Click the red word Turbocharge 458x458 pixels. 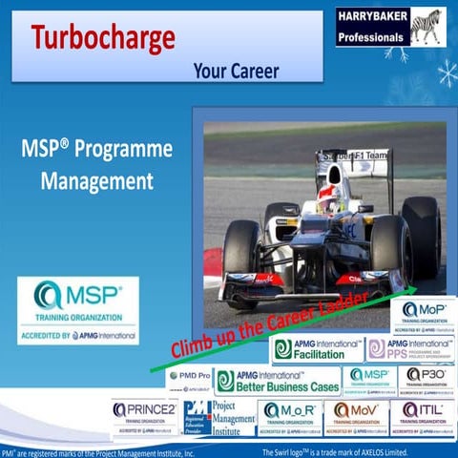point(102,37)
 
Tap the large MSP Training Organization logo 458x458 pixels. point(78,309)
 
